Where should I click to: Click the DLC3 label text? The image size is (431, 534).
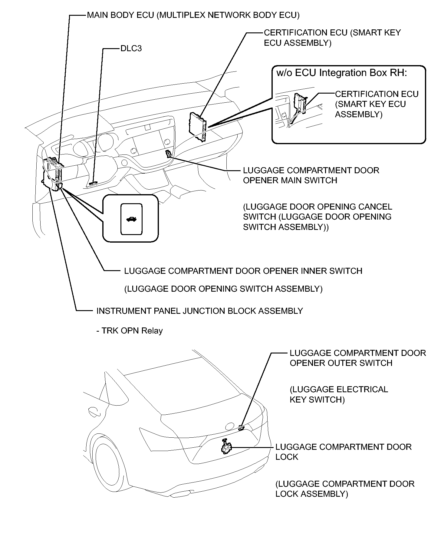(131, 48)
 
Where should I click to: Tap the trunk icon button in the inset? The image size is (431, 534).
(131, 219)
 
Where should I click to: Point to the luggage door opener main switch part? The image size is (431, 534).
(169, 154)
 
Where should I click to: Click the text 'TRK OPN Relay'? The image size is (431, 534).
(130, 330)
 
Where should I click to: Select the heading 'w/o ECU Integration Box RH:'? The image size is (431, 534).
(342, 73)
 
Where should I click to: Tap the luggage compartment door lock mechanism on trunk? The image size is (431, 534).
(226, 446)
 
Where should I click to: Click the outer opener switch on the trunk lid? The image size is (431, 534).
(241, 427)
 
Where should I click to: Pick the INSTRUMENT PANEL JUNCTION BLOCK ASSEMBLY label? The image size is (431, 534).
(200, 311)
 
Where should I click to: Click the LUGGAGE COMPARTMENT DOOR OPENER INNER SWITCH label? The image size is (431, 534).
(243, 271)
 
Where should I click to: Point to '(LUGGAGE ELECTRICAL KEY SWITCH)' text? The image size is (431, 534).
(339, 394)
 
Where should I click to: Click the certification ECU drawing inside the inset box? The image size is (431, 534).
(300, 103)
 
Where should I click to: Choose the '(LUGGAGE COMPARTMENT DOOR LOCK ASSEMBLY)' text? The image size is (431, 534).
(345, 489)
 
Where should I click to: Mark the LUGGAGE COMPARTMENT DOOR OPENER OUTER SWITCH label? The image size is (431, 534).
(358, 358)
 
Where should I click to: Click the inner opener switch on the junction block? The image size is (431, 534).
(59, 185)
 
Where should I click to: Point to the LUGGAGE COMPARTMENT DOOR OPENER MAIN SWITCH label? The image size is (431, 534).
(311, 175)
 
